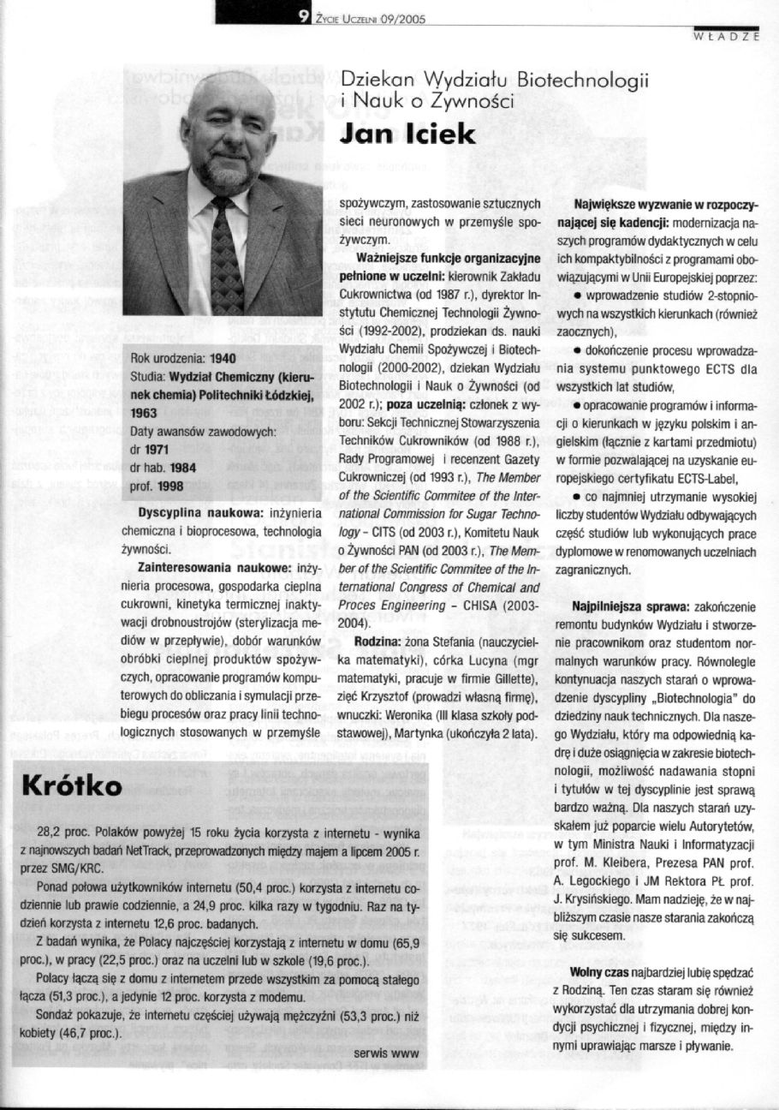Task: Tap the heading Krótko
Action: click(x=73, y=785)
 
